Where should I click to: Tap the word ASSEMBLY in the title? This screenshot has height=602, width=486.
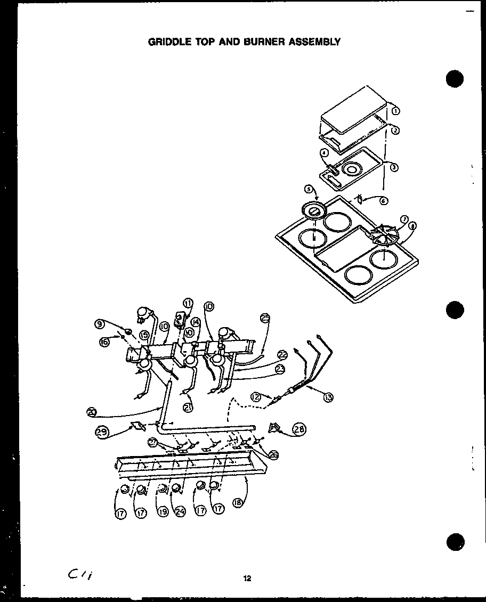(x=313, y=41)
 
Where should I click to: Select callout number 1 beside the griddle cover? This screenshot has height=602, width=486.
(x=395, y=111)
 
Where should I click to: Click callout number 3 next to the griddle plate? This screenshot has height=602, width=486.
(x=394, y=167)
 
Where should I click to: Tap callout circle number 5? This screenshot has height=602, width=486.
(x=308, y=189)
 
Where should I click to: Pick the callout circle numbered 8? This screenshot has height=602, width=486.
(x=413, y=226)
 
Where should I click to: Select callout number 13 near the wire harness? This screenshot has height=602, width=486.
(x=329, y=396)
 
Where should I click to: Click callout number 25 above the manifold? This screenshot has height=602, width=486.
(x=265, y=319)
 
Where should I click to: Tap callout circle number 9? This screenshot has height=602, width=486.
(x=99, y=323)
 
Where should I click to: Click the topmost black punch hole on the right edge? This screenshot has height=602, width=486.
(x=455, y=78)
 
